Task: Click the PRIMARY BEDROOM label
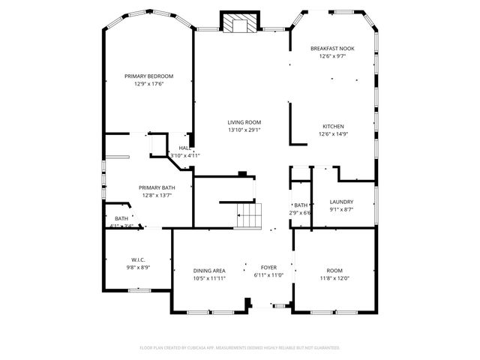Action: [x=148, y=76]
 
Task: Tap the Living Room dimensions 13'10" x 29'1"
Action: [x=244, y=130]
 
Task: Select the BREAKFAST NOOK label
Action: [x=332, y=48]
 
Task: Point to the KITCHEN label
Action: [x=333, y=126]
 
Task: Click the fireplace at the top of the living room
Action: [x=238, y=23]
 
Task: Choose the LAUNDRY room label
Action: [x=341, y=202]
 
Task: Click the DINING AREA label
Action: [x=209, y=270]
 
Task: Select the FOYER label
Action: [x=268, y=267]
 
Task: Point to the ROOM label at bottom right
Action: [x=334, y=270]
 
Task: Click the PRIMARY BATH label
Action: [x=157, y=187]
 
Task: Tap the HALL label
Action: [x=184, y=148]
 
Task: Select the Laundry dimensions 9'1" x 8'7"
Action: [x=341, y=210]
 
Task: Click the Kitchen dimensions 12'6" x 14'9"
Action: [x=333, y=134]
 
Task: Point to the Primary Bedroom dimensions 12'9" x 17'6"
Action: [x=148, y=84]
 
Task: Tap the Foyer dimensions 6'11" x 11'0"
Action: [x=268, y=275]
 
